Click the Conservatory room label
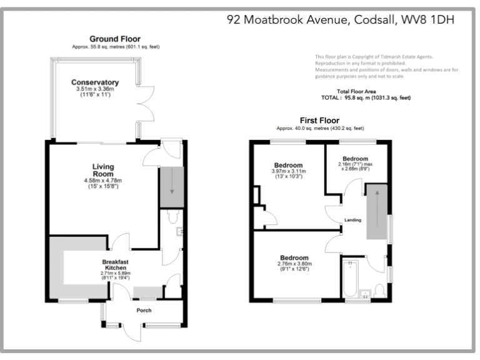(95, 82)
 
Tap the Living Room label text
(103, 170)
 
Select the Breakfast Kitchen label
(118, 264)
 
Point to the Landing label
(354, 219)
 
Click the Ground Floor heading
(114, 39)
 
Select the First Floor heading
(319, 120)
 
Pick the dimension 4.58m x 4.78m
(103, 181)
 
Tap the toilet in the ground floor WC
(173, 217)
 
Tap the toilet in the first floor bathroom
(379, 291)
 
